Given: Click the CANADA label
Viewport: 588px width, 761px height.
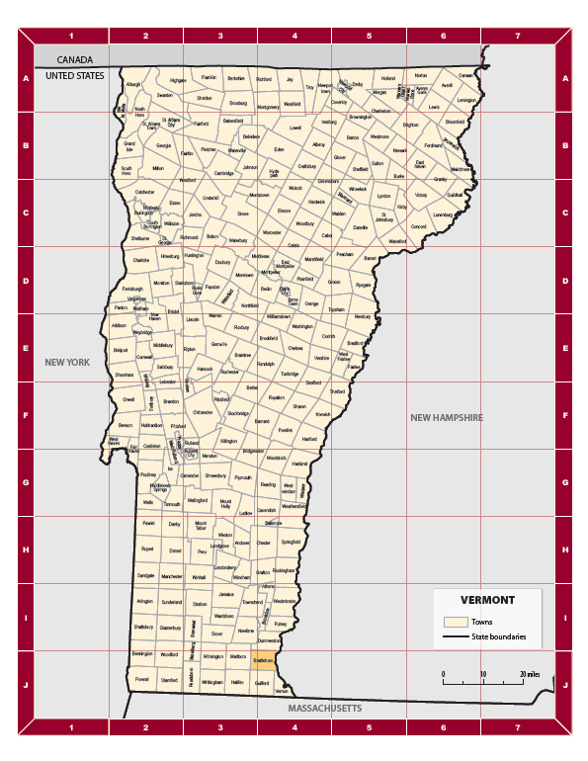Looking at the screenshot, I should (x=73, y=59).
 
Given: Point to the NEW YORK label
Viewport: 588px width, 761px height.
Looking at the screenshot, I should (x=67, y=363).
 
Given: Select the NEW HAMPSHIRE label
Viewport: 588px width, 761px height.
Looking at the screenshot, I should (x=447, y=418).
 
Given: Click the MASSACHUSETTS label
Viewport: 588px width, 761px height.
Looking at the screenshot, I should (x=324, y=709).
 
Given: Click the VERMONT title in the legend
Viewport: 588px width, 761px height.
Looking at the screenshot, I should (x=486, y=600).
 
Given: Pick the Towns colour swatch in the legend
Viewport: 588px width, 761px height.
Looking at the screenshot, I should (x=455, y=622).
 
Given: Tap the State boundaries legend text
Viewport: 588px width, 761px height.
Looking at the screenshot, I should (x=498, y=637).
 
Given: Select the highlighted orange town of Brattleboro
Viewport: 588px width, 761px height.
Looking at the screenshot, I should (x=263, y=659).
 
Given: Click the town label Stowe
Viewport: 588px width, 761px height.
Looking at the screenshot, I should (x=243, y=212).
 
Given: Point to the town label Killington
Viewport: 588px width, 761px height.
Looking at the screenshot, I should (x=229, y=440).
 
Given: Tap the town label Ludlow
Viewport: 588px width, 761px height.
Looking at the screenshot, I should (x=247, y=513).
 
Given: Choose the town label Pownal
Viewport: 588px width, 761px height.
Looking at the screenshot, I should (x=142, y=680).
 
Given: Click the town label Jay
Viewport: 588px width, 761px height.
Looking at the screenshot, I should (x=291, y=78).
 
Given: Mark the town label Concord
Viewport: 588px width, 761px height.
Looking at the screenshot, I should (x=418, y=226).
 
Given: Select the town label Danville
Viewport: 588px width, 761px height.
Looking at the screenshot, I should (x=361, y=227).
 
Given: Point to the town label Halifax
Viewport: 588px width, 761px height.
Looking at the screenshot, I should (x=237, y=682).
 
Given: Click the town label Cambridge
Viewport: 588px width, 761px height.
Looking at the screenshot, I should (x=224, y=173).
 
